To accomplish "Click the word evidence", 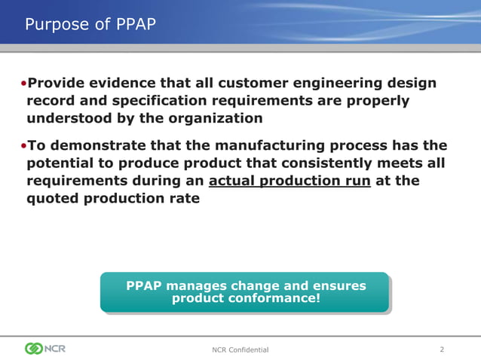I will pos(134,83).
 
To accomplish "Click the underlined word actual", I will pos(233,182).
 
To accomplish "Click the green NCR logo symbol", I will pos(34,349).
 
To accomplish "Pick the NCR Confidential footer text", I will pos(240,350).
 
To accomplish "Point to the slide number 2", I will pos(442,349).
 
